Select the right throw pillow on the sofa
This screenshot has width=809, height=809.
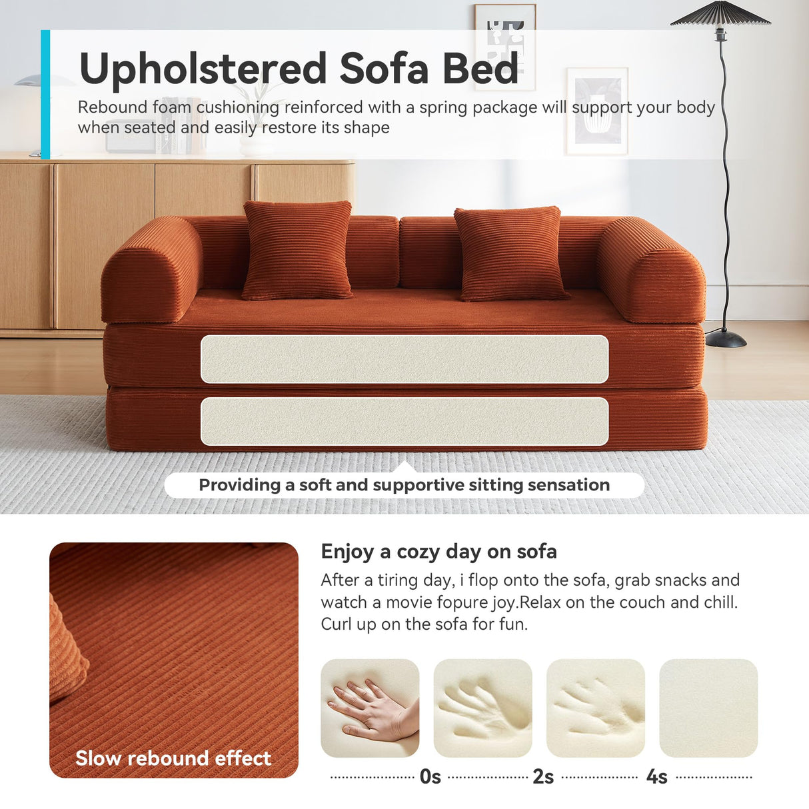click(x=510, y=253)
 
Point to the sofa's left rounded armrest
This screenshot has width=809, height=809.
click(x=152, y=269)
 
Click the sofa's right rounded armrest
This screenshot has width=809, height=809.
click(x=650, y=270)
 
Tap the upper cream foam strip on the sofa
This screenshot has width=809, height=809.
click(x=404, y=359)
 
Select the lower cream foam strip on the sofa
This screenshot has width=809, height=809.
click(x=404, y=421)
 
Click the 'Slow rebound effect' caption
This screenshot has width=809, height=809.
click(x=173, y=758)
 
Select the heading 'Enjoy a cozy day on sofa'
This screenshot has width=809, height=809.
click(x=438, y=552)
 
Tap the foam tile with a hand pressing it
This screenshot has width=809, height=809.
click(x=370, y=708)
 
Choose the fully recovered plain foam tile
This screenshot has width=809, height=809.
click(x=708, y=708)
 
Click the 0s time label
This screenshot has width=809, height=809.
click(x=430, y=777)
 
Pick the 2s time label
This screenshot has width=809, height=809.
click(x=543, y=777)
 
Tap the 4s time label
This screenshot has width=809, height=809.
click(x=656, y=777)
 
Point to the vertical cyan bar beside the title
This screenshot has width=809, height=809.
click(x=45, y=94)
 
